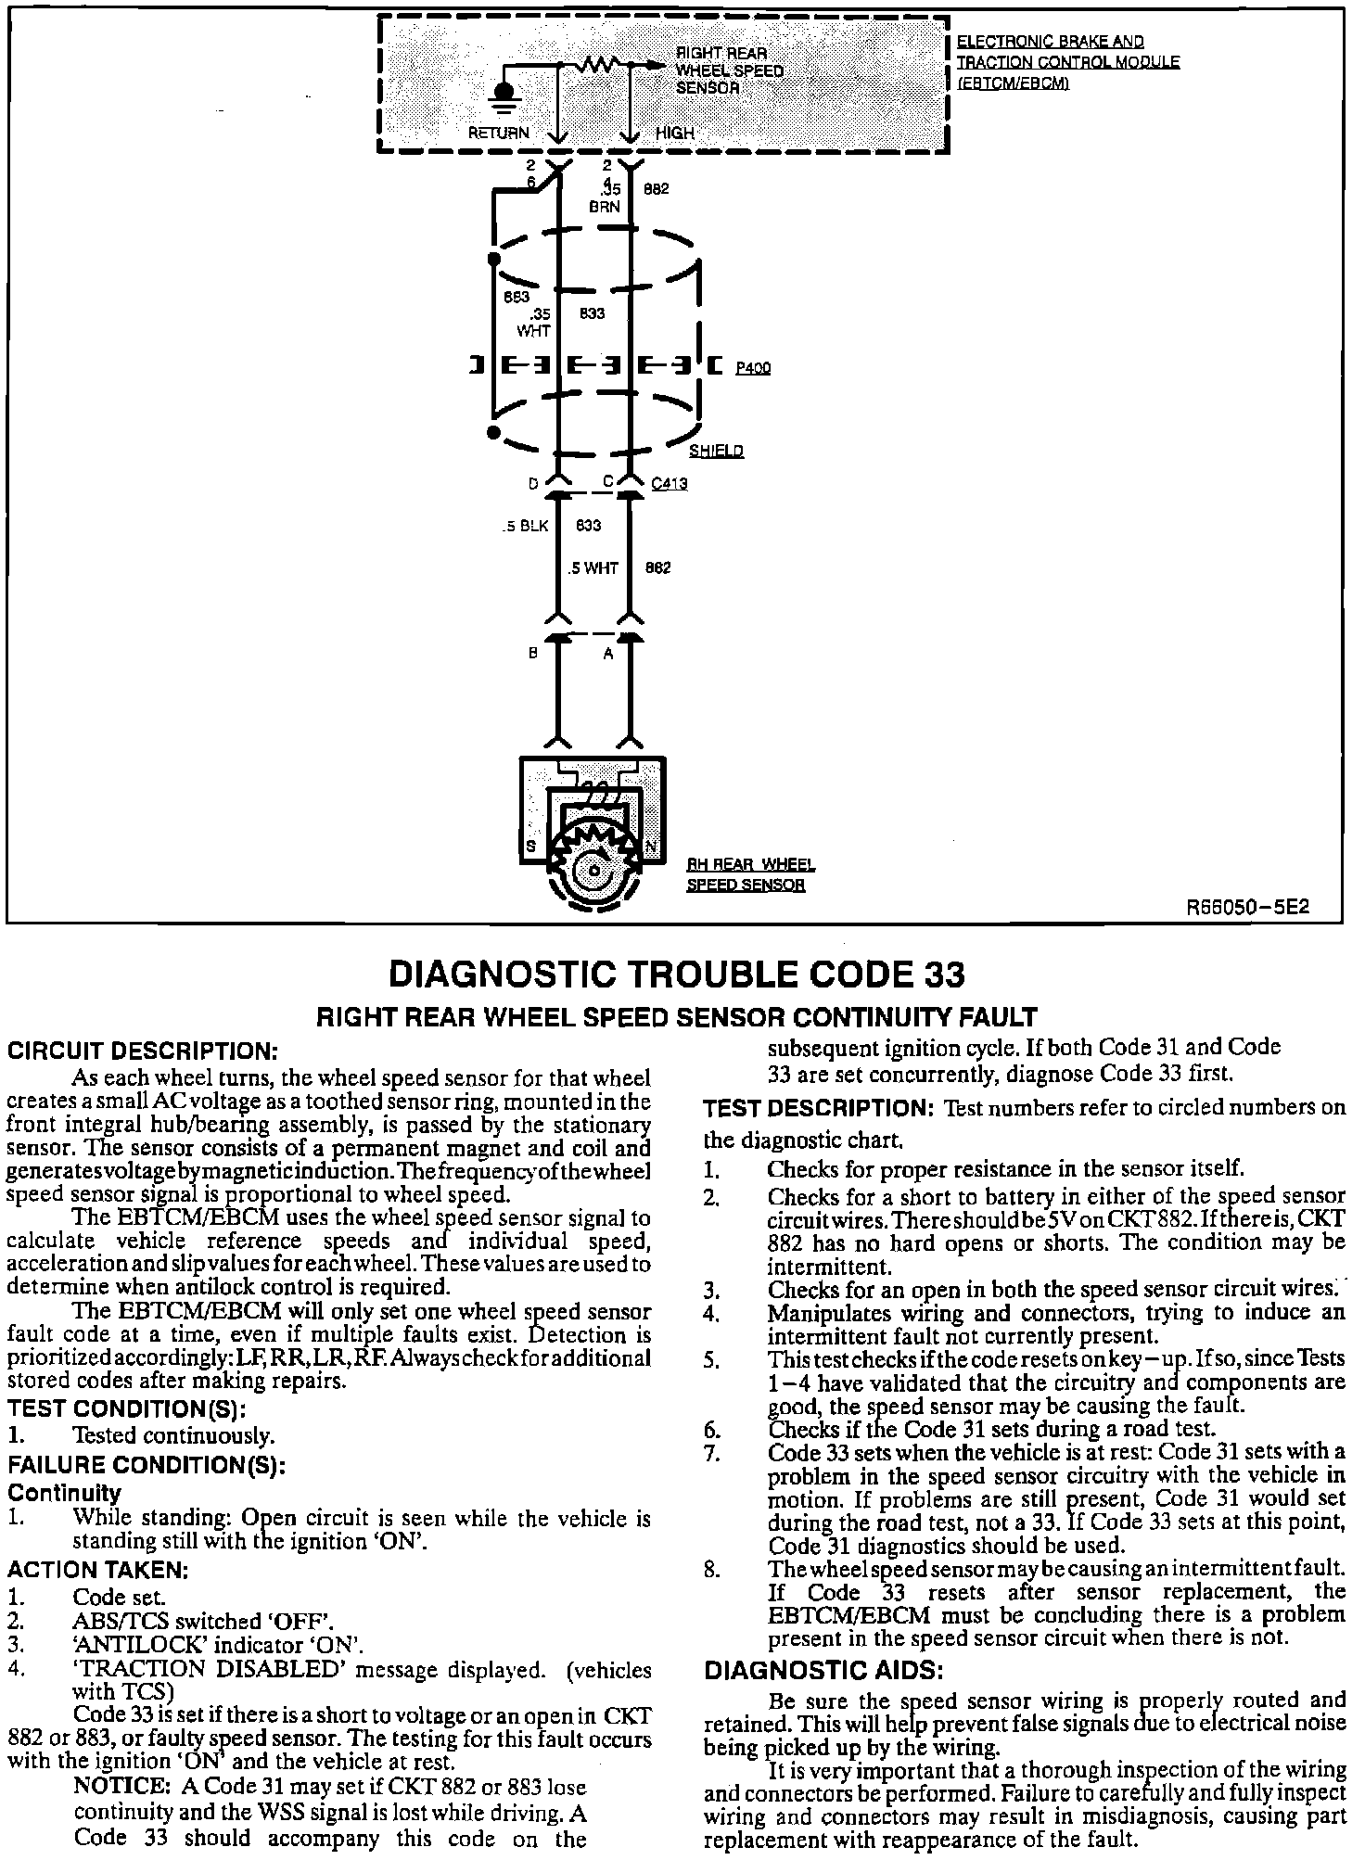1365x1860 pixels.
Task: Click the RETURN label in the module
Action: click(498, 133)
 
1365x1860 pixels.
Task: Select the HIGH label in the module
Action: click(674, 133)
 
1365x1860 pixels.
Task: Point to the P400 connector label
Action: click(752, 368)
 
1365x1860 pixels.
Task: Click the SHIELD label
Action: click(716, 452)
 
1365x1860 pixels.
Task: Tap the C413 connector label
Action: click(670, 483)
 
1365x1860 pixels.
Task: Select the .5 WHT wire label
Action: click(593, 568)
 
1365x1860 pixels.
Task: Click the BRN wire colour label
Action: click(605, 207)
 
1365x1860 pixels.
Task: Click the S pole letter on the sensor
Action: click(532, 847)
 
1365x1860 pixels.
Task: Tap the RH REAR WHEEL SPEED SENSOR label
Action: click(750, 874)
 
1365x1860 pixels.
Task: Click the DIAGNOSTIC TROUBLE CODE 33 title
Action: click(677, 975)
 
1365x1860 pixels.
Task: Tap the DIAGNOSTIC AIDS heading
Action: click(824, 1671)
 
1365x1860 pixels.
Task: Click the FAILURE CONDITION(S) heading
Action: click(147, 1466)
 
